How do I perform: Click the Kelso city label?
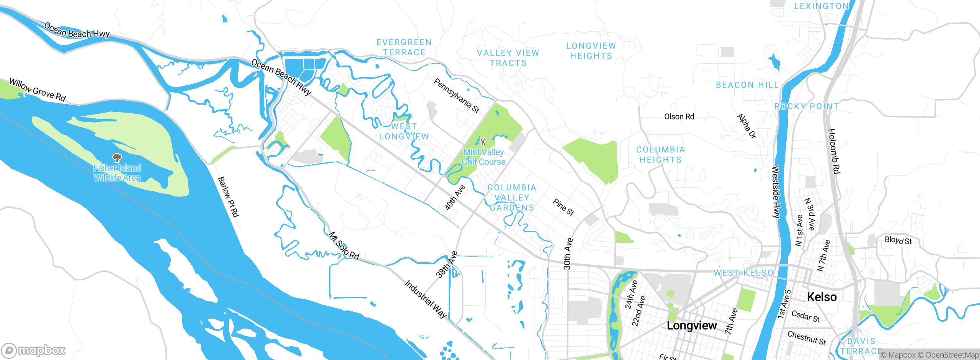822,297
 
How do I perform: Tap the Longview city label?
691,326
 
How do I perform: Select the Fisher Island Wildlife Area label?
117,173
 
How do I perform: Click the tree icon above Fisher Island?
117,157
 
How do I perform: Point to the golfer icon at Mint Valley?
483,141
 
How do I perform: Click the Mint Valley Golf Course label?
483,157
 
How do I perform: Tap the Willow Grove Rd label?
38,90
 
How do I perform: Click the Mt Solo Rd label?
344,246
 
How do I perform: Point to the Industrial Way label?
426,299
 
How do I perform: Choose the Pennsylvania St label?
456,95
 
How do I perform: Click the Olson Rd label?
679,116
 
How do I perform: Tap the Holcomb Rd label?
834,151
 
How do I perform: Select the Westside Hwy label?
776,192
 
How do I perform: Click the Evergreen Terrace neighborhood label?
404,47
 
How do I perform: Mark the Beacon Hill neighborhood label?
747,85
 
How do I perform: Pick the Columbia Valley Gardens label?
512,198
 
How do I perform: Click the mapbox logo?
34,350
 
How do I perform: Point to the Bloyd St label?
898,240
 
